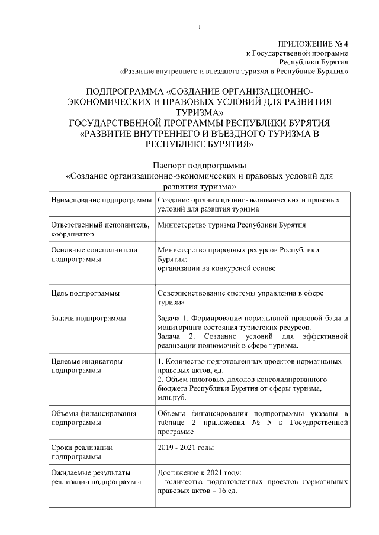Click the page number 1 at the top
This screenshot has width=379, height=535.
(x=200, y=27)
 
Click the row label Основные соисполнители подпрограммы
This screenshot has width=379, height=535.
(x=95, y=254)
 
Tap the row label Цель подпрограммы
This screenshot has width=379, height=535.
(x=85, y=293)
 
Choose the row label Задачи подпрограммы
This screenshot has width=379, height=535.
(x=89, y=319)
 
